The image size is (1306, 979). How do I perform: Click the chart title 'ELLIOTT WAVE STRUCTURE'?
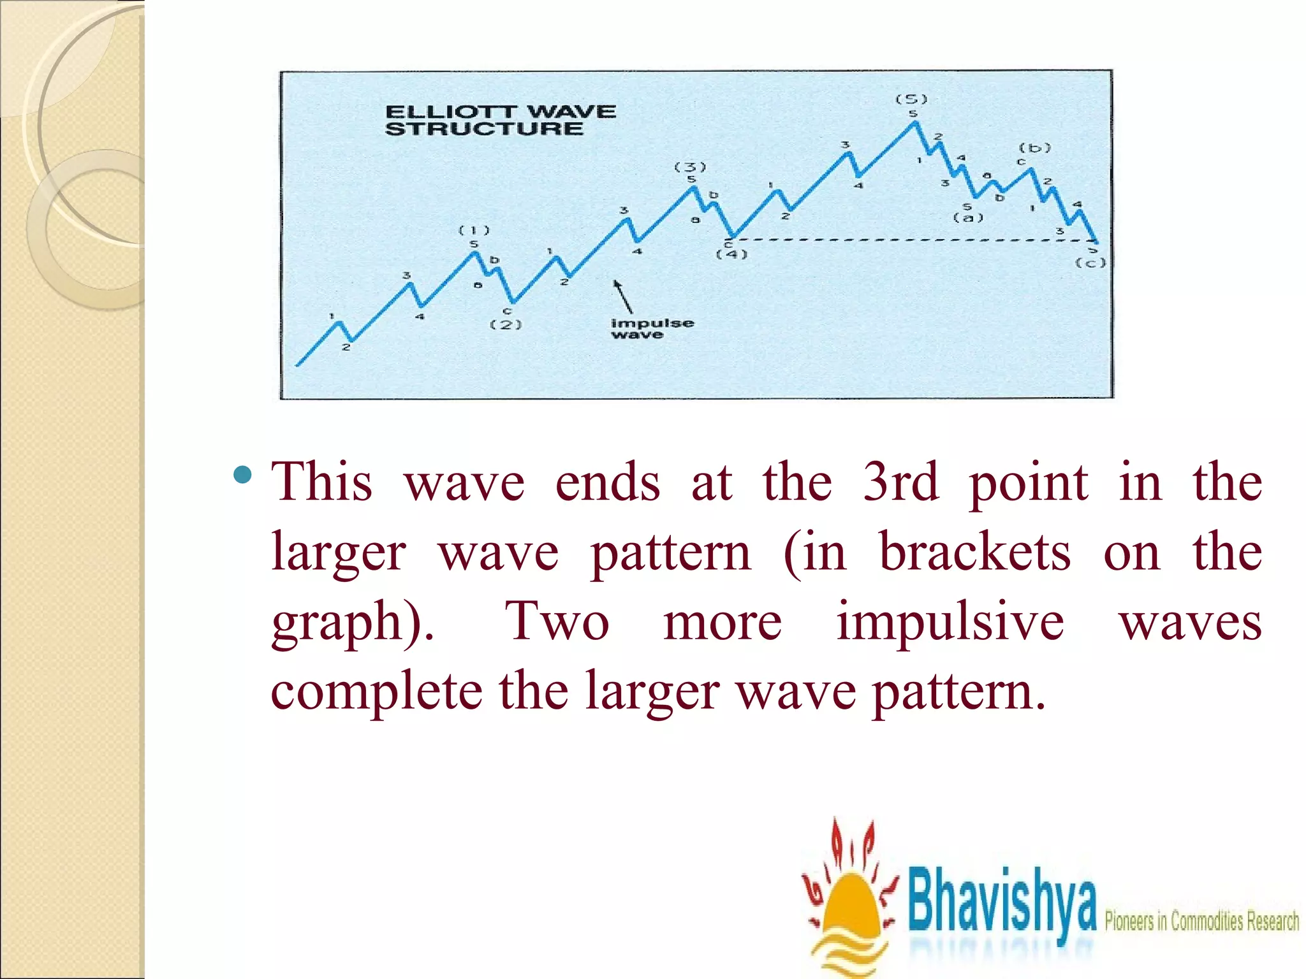point(500,120)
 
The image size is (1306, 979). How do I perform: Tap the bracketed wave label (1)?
point(474,230)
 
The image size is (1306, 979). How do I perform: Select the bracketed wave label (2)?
point(506,324)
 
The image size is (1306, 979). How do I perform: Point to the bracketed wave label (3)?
point(691,167)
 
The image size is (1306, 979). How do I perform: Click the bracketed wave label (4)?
point(731,254)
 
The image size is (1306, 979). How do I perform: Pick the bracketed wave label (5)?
point(911,99)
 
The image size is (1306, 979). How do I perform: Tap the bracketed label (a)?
point(968,218)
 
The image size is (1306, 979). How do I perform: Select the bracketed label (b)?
point(1034,148)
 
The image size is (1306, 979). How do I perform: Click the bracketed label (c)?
point(1090,263)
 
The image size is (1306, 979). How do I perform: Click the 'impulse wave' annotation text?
point(652,328)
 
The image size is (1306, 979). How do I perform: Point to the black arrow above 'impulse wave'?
point(623,296)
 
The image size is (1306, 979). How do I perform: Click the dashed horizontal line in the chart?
point(912,240)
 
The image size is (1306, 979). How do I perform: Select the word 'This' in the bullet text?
point(322,482)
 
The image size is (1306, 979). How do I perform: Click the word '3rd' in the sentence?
point(900,482)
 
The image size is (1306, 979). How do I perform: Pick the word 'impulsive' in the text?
point(950,621)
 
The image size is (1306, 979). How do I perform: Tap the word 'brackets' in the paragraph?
point(975,552)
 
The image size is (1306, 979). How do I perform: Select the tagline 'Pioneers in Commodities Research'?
point(1201,922)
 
